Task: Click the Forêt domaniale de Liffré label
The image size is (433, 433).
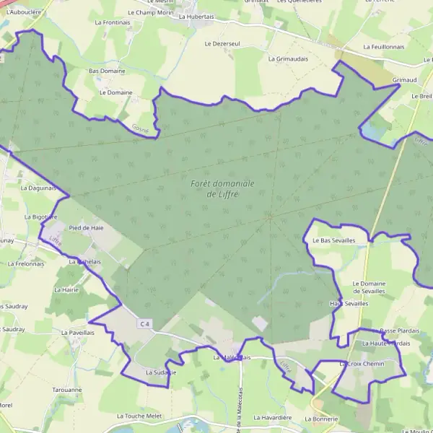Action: [222, 189]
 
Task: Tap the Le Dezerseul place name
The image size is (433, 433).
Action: [222, 43]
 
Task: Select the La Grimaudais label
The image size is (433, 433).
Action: [288, 58]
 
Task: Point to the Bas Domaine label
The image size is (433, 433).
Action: [107, 71]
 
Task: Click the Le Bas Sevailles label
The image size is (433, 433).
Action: [333, 241]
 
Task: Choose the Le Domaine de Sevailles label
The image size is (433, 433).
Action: [369, 287]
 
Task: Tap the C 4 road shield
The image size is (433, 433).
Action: [146, 324]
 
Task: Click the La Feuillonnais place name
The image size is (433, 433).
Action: [384, 46]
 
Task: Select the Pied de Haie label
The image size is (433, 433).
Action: [86, 227]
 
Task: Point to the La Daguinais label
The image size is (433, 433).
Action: [38, 188]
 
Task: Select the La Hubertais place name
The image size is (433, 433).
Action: [196, 15]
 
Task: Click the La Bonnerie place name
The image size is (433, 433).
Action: [320, 419]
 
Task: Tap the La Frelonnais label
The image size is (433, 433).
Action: [26, 263]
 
